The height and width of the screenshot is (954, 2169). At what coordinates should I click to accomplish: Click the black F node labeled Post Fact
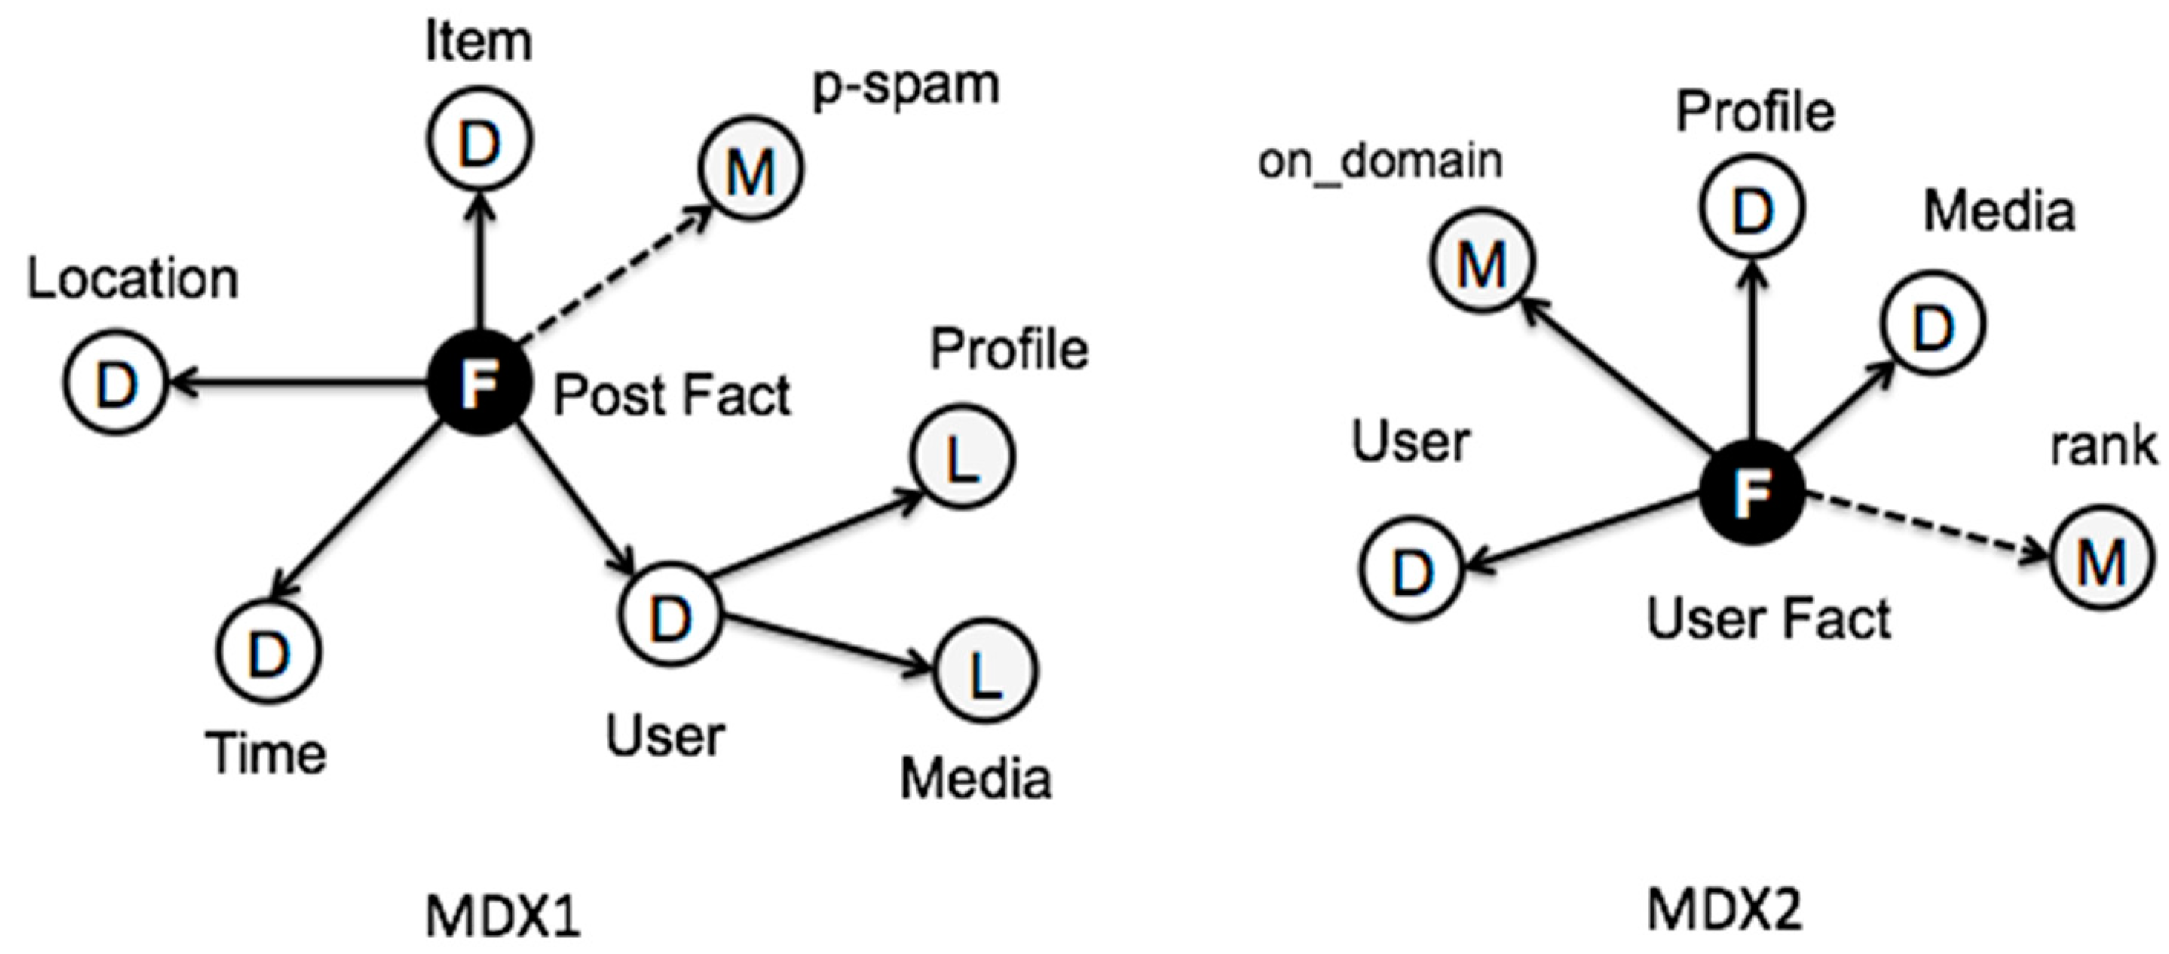click(x=480, y=383)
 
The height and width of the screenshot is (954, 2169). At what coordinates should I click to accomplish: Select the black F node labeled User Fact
click(x=1752, y=491)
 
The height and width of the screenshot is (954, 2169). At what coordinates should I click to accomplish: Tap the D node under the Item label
click(x=479, y=140)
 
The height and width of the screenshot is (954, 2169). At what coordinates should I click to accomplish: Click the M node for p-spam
click(x=750, y=169)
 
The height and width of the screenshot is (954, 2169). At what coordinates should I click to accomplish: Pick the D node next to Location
click(x=115, y=383)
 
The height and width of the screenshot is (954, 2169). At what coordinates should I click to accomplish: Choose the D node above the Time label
click(x=269, y=651)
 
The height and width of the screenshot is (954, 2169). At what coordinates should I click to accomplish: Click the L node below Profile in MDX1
click(x=962, y=457)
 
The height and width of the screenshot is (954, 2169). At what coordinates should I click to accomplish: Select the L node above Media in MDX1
click(x=985, y=671)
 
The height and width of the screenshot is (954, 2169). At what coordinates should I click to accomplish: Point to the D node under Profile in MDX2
click(x=1752, y=207)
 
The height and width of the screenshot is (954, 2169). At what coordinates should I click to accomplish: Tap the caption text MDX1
click(x=503, y=915)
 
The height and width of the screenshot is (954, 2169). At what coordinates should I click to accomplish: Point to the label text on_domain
click(x=1380, y=161)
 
